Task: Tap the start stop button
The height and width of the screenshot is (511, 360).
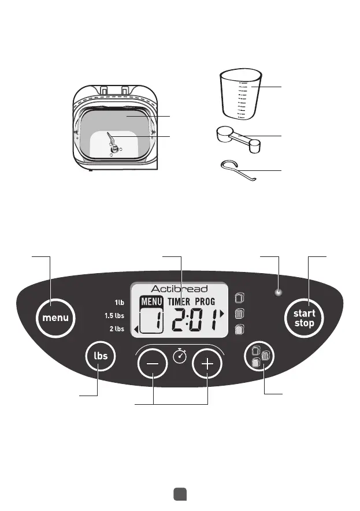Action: (x=304, y=318)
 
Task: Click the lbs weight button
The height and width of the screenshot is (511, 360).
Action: (x=101, y=356)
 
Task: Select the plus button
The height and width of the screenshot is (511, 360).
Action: (x=207, y=365)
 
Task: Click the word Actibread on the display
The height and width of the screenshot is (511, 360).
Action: (x=180, y=289)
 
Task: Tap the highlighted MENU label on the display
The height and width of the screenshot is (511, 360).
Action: (x=151, y=301)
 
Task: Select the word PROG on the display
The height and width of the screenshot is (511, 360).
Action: (x=213, y=301)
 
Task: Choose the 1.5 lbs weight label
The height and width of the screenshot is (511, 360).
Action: (x=115, y=315)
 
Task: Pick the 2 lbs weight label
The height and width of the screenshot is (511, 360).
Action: (x=116, y=329)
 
